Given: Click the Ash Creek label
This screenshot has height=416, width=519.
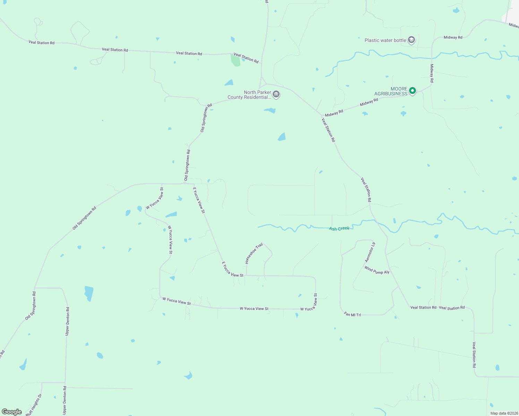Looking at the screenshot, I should pos(339,229).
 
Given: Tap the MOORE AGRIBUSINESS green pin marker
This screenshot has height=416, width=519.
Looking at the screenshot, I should pos(412,91).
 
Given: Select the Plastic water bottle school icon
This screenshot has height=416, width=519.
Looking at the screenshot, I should pos(411,40).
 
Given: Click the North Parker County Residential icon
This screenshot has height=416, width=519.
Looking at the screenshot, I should pos(276,94).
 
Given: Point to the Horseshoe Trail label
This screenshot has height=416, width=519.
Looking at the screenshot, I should pos(254,253).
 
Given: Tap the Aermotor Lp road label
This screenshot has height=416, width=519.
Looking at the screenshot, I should pos(370,252).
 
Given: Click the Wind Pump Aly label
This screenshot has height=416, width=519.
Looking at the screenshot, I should pos(377,270).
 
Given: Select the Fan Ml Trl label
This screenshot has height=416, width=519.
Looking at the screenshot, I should pos(352,314).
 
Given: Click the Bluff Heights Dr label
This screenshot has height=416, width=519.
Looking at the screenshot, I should pos(34,405).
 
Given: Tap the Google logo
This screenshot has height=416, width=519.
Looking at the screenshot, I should pos(12,412).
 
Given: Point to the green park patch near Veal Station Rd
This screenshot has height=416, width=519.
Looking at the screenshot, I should pos(235,60).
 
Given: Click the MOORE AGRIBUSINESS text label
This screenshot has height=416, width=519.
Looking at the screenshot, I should pos(391,91).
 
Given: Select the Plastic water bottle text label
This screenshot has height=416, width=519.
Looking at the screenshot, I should pos(385,40).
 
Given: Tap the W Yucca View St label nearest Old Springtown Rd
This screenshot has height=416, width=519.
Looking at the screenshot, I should pos(155,198).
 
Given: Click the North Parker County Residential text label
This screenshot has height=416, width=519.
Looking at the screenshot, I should pos(248,95).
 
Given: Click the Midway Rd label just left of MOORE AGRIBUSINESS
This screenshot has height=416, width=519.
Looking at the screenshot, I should pos(369,102).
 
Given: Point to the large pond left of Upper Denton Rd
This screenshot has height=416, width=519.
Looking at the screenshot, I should pos(89,293).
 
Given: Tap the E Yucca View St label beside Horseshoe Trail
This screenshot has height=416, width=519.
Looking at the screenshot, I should pos(232,269).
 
